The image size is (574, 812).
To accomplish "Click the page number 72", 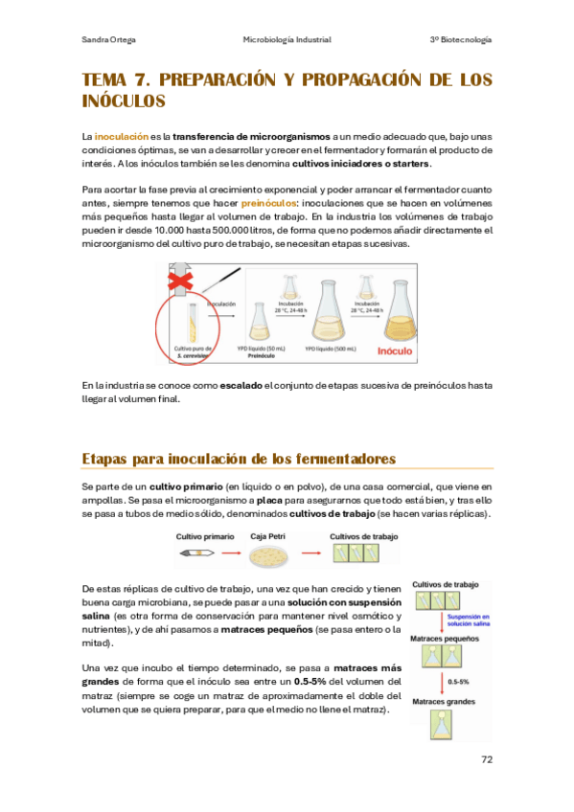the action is point(485,760).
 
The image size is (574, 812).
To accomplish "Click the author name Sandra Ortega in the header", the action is point(109,39).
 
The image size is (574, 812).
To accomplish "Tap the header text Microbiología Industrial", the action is point(287,39).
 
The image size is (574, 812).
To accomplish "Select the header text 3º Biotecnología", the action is point(461,39).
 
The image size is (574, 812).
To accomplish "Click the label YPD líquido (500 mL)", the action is point(329,349).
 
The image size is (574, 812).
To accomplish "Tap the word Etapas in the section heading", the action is point(109,460).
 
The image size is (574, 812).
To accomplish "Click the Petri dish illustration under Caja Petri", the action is point(269,553).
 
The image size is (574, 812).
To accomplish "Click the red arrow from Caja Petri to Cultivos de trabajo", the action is point(309,553).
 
